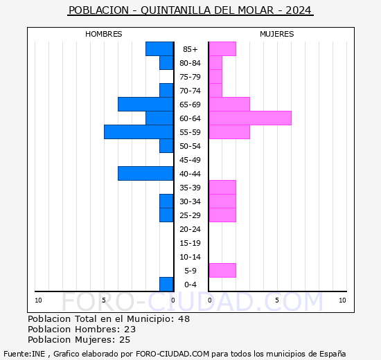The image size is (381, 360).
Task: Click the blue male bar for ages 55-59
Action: (139, 132)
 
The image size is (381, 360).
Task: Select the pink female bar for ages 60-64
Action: (249, 118)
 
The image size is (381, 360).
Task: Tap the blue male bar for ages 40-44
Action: (145, 173)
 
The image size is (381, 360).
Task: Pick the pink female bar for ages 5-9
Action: (222, 270)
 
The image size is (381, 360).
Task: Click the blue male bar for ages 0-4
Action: (166, 284)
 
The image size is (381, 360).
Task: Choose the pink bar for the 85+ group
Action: (222, 48)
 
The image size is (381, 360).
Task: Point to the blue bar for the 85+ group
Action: (159, 48)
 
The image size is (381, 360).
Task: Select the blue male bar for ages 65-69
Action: (145, 104)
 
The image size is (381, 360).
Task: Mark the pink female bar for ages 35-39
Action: (222, 187)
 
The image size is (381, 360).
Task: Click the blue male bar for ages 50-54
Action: (166, 145)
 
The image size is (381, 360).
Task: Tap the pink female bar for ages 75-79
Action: (215, 76)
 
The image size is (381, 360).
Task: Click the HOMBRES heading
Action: (104, 34)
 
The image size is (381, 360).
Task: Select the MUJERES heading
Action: (276, 34)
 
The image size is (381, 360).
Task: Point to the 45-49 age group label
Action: (190, 160)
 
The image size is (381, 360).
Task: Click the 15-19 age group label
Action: (190, 243)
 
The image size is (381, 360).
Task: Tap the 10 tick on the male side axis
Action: (39, 300)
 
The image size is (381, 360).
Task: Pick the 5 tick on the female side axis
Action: (276, 300)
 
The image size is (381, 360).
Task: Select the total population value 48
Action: (183, 319)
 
